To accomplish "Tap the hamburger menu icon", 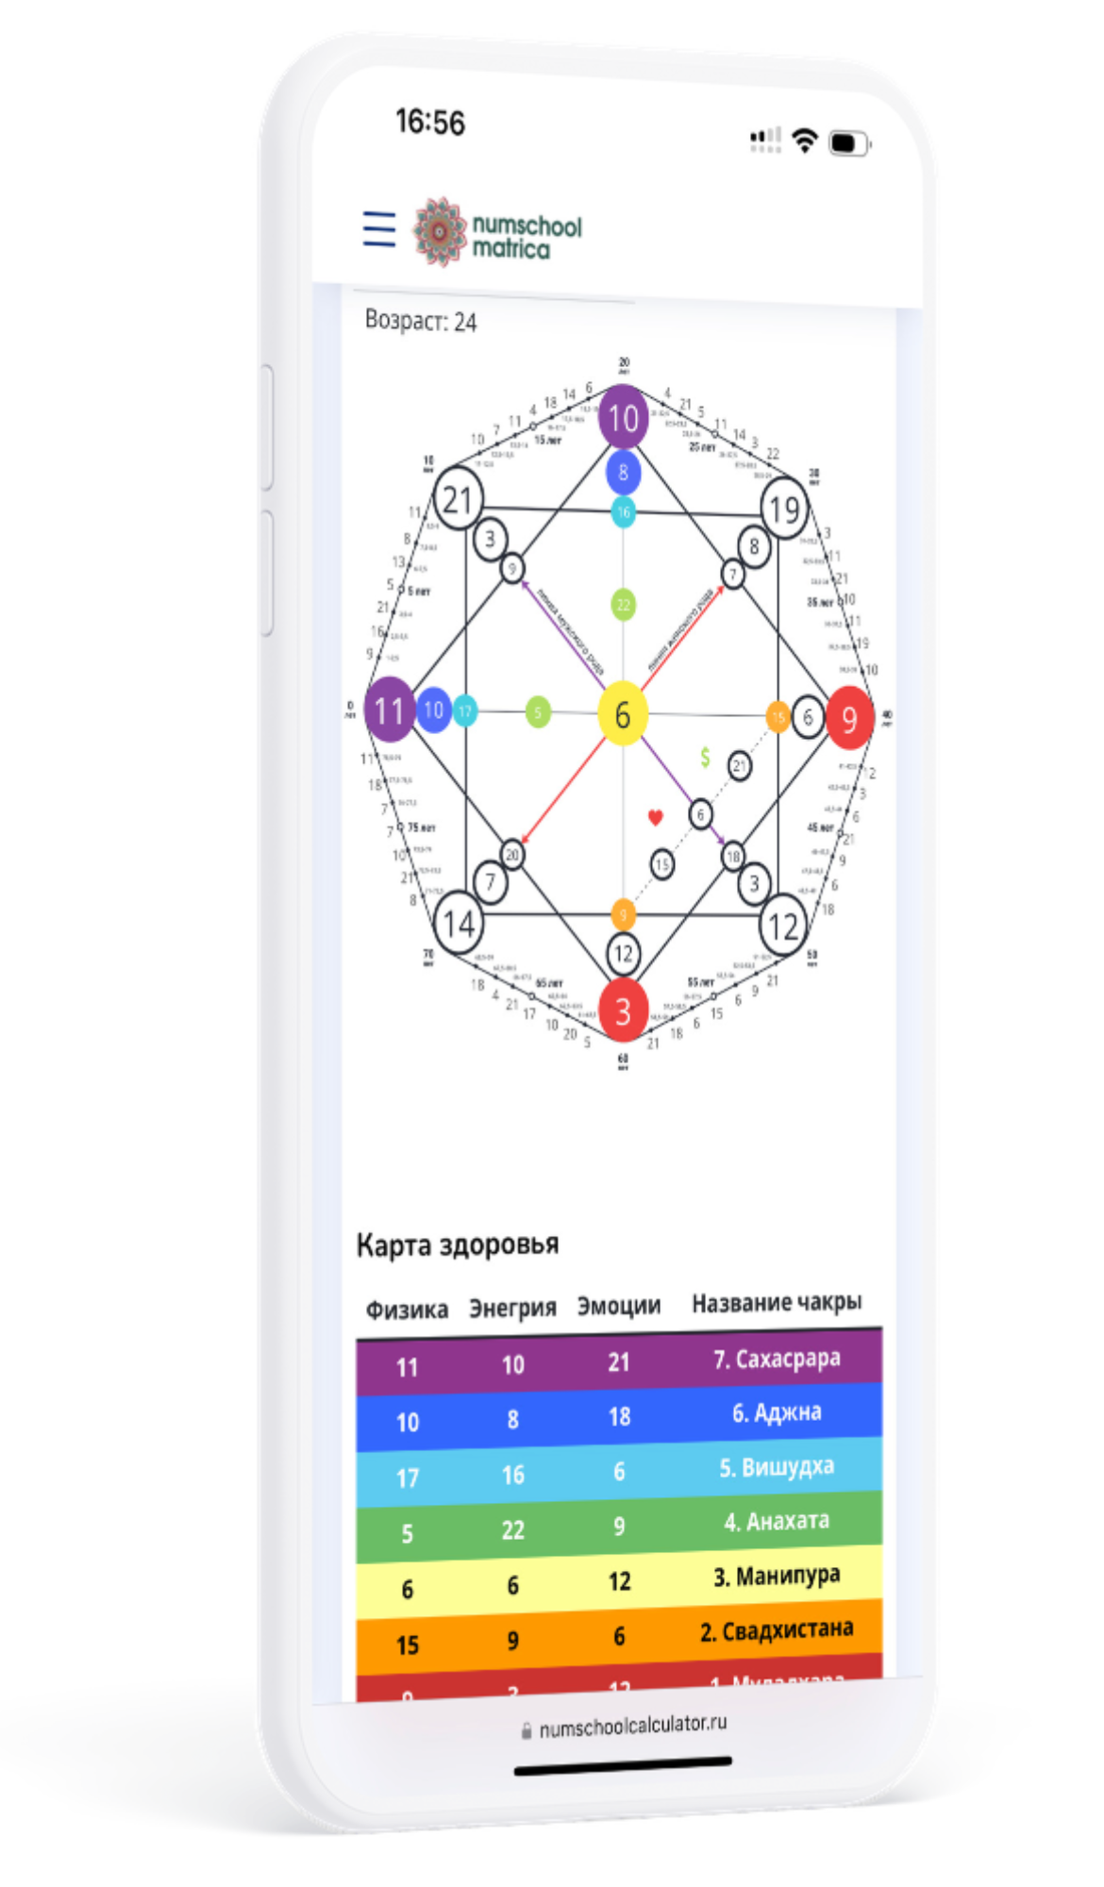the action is tap(379, 229).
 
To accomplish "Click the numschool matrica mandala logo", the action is tap(441, 231).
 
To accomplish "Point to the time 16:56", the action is tap(430, 122).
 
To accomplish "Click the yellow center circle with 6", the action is tap(623, 714).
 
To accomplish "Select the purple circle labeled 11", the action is tap(389, 710).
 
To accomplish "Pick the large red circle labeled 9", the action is tap(849, 719).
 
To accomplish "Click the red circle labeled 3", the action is tap(623, 1010).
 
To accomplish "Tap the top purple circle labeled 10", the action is tap(623, 417).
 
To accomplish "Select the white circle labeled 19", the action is tap(784, 510).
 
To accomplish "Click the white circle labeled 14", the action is tap(459, 922).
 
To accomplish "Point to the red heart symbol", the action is tap(656, 817).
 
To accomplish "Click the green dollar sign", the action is tap(705, 757).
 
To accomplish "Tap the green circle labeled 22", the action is tap(623, 605).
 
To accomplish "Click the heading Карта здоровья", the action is tap(458, 1245).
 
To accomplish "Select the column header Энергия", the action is tap(512, 1308).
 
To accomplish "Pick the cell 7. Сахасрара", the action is tap(777, 1359).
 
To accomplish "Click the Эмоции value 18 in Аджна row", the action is tap(619, 1417).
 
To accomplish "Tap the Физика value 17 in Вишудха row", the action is tap(408, 1478).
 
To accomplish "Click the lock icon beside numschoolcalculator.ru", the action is tap(527, 1732).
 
